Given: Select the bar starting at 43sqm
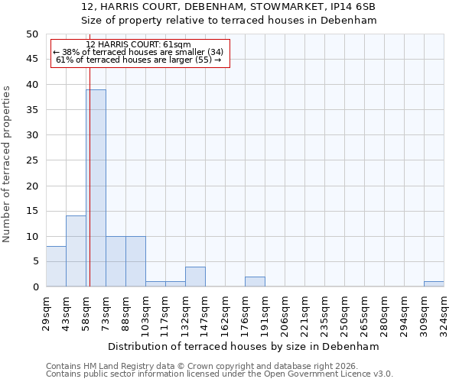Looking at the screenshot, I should [x=76, y=251].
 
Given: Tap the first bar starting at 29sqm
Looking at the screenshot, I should [x=56, y=267].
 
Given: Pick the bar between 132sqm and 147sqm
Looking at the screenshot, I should [x=195, y=277].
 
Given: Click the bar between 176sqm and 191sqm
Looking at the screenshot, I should [x=255, y=282].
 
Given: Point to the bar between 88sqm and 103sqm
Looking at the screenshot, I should [x=135, y=261].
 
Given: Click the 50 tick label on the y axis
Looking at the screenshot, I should [x=31, y=34].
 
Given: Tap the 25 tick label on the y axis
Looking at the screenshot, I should [x=31, y=160].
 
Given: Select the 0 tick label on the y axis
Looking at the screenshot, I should [x=34, y=287].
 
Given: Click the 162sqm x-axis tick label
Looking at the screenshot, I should [x=225, y=311].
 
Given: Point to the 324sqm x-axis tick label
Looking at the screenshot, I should [x=444, y=311].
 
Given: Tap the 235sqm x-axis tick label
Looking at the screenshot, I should [x=324, y=311].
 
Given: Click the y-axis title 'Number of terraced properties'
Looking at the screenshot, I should [x=7, y=163].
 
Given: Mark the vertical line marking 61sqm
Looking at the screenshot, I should [x=90, y=191].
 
